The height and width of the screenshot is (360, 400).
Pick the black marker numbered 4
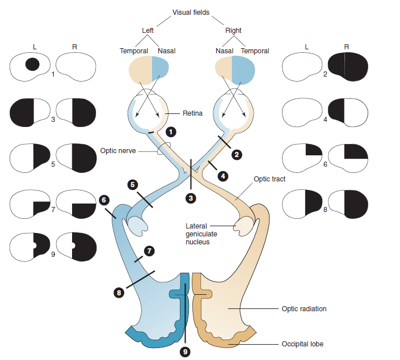(x=224, y=176)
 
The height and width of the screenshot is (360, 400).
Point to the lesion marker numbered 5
(x=132, y=184)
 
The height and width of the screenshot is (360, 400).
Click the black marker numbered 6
(x=103, y=200)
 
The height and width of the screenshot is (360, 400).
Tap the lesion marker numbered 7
(x=149, y=250)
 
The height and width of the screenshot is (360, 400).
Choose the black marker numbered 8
(x=119, y=293)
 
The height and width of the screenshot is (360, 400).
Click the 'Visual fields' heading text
(x=191, y=12)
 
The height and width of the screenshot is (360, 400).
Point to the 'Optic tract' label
(x=269, y=179)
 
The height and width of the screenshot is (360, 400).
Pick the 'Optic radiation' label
(x=304, y=309)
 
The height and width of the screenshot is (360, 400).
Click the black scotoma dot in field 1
(x=32, y=64)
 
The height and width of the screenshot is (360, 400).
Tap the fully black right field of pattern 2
(x=347, y=67)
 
